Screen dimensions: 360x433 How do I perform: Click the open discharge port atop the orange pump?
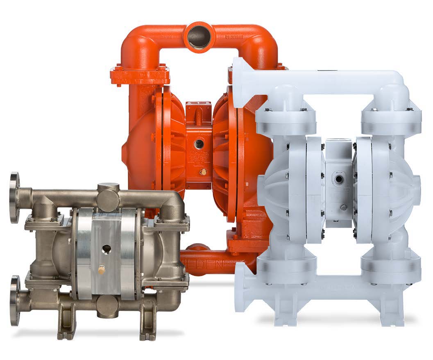click(199, 36)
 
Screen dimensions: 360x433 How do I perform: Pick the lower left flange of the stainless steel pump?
click(15, 301)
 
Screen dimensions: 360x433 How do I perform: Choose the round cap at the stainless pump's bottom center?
click(107, 306)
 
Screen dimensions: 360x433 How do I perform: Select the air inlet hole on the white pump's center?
click(340, 180)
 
